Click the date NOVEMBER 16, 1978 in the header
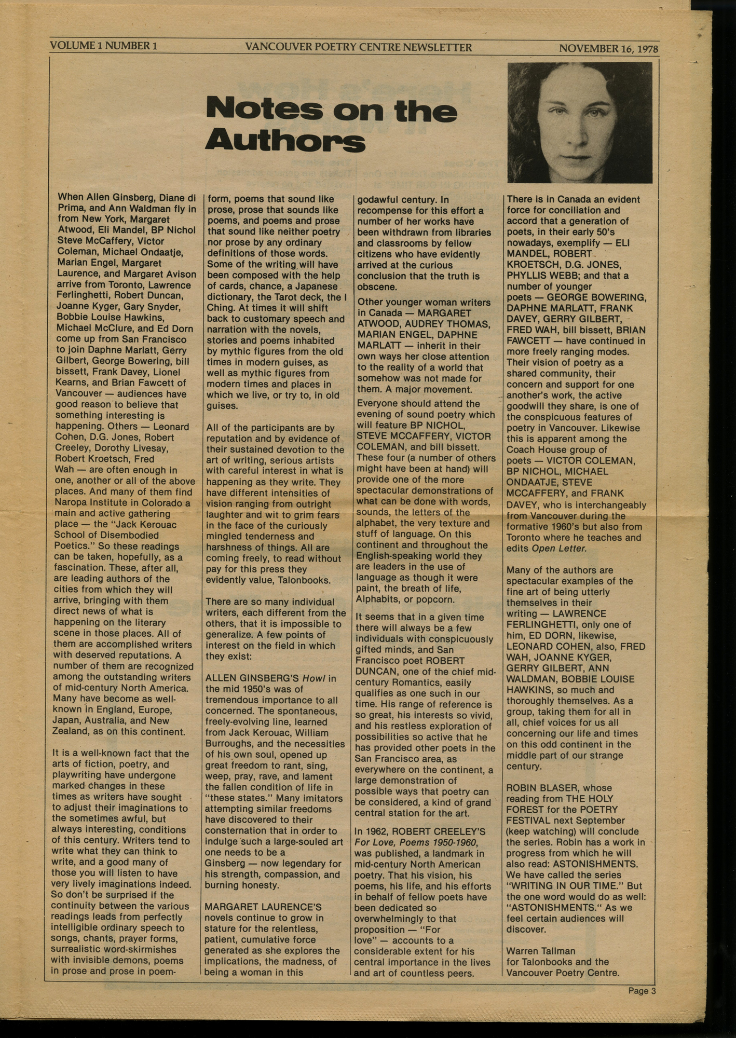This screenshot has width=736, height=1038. click(608, 49)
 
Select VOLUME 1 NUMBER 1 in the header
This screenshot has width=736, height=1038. click(103, 46)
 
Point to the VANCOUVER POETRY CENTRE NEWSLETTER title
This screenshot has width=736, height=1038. click(358, 48)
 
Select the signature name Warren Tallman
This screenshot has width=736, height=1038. click(541, 951)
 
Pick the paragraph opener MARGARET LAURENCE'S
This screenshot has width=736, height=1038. click(263, 907)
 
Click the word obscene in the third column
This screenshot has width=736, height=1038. click(377, 287)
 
